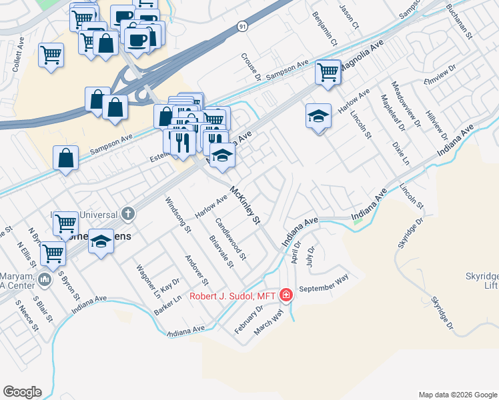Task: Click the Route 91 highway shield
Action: coord(241,27)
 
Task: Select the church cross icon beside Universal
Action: coord(128,214)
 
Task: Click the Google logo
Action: coord(22,391)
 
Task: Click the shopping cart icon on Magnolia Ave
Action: coord(328,71)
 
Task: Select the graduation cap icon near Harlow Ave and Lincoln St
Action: coord(318,117)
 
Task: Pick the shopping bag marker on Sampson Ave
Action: coord(66,158)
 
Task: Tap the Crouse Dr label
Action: coord(251,67)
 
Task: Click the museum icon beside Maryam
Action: coord(45,278)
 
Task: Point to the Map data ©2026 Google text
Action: coord(458,395)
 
